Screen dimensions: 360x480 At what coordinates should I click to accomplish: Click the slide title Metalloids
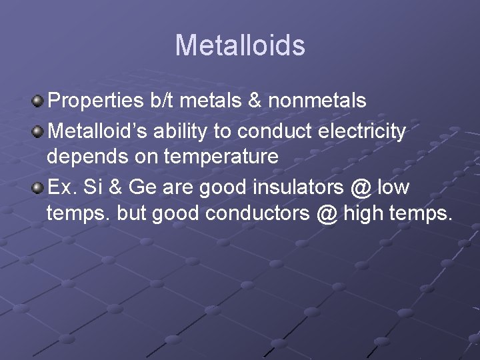(x=240, y=45)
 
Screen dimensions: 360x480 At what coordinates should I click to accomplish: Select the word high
(x=361, y=215)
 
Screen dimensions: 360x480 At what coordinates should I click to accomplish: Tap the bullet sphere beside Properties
(x=39, y=101)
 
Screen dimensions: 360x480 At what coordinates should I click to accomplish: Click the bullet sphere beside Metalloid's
(x=39, y=130)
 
